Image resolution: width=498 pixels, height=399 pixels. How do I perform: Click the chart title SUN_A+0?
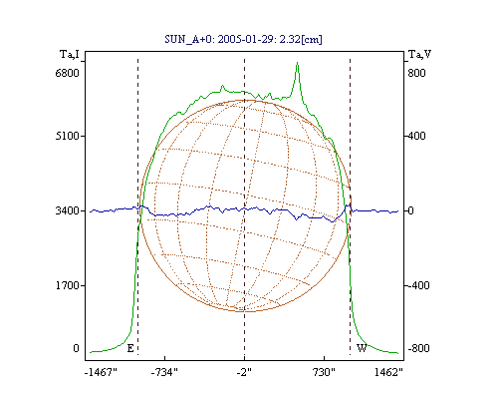point(188,40)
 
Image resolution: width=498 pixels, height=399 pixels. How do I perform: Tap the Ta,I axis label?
point(70,54)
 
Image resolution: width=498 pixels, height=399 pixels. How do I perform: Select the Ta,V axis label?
point(419,54)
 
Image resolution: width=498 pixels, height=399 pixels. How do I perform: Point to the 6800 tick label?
point(67,73)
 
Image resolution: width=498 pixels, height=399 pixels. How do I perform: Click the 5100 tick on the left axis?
point(68,136)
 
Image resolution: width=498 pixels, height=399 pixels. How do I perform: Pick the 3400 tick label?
point(67,210)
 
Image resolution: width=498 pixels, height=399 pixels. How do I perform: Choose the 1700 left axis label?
point(68,285)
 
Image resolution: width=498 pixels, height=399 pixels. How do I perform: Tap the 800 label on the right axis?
point(416,73)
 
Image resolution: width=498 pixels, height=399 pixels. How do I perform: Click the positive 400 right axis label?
point(416,136)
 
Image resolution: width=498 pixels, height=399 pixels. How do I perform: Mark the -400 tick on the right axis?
point(418,285)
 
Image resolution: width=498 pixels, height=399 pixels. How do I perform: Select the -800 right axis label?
point(418,348)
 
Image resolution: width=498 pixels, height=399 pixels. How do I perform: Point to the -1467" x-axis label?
point(101,372)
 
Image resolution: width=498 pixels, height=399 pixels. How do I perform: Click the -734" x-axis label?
point(164,372)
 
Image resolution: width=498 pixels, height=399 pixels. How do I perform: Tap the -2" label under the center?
point(244,372)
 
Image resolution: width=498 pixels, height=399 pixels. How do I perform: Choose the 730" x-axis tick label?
point(324,372)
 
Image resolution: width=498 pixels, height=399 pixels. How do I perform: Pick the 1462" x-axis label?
point(388,372)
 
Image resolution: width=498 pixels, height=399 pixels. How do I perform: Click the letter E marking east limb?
point(130,348)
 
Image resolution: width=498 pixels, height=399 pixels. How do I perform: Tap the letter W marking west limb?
point(362,348)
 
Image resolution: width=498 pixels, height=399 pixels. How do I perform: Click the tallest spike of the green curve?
point(298,63)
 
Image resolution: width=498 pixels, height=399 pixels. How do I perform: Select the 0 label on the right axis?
point(410,210)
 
